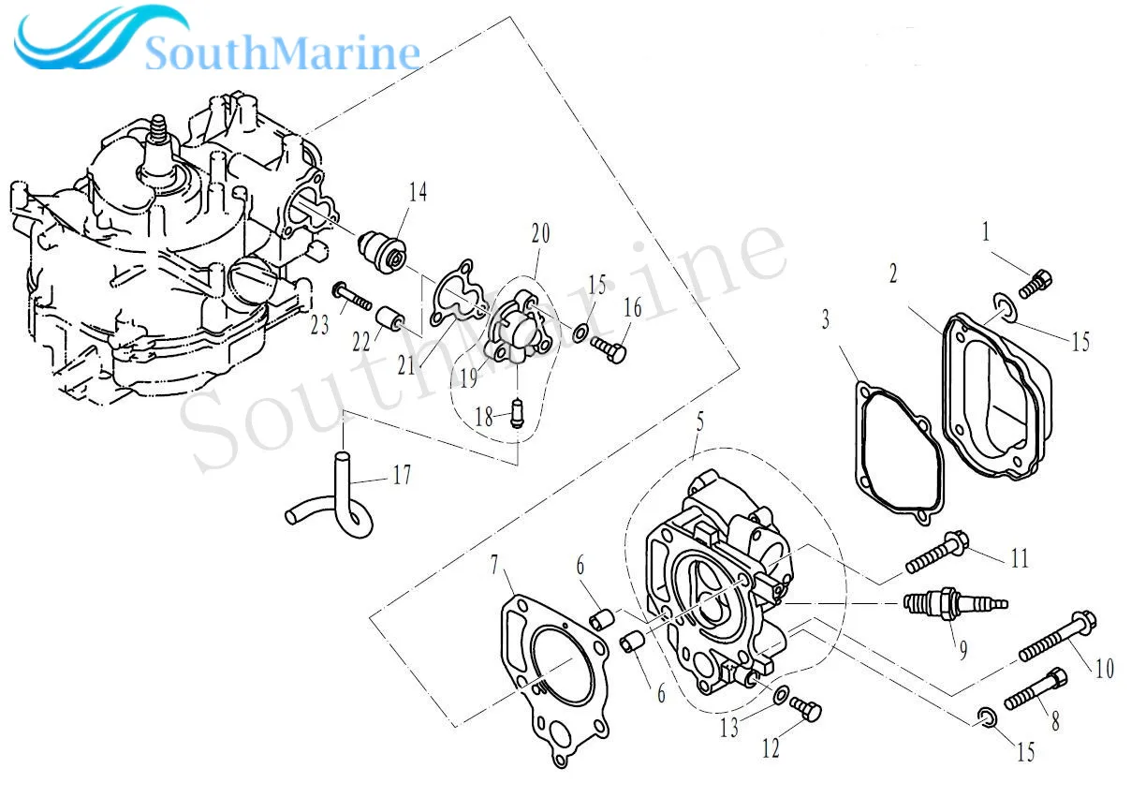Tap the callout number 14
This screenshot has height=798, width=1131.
(418, 193)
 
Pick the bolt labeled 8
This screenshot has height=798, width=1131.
(1036, 688)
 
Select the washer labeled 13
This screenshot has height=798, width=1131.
(780, 694)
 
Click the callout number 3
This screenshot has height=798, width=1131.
(825, 320)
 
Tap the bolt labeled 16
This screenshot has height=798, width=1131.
(608, 348)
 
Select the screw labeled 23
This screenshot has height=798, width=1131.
(352, 295)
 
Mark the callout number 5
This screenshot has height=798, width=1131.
(699, 423)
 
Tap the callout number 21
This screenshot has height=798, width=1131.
(404, 364)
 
